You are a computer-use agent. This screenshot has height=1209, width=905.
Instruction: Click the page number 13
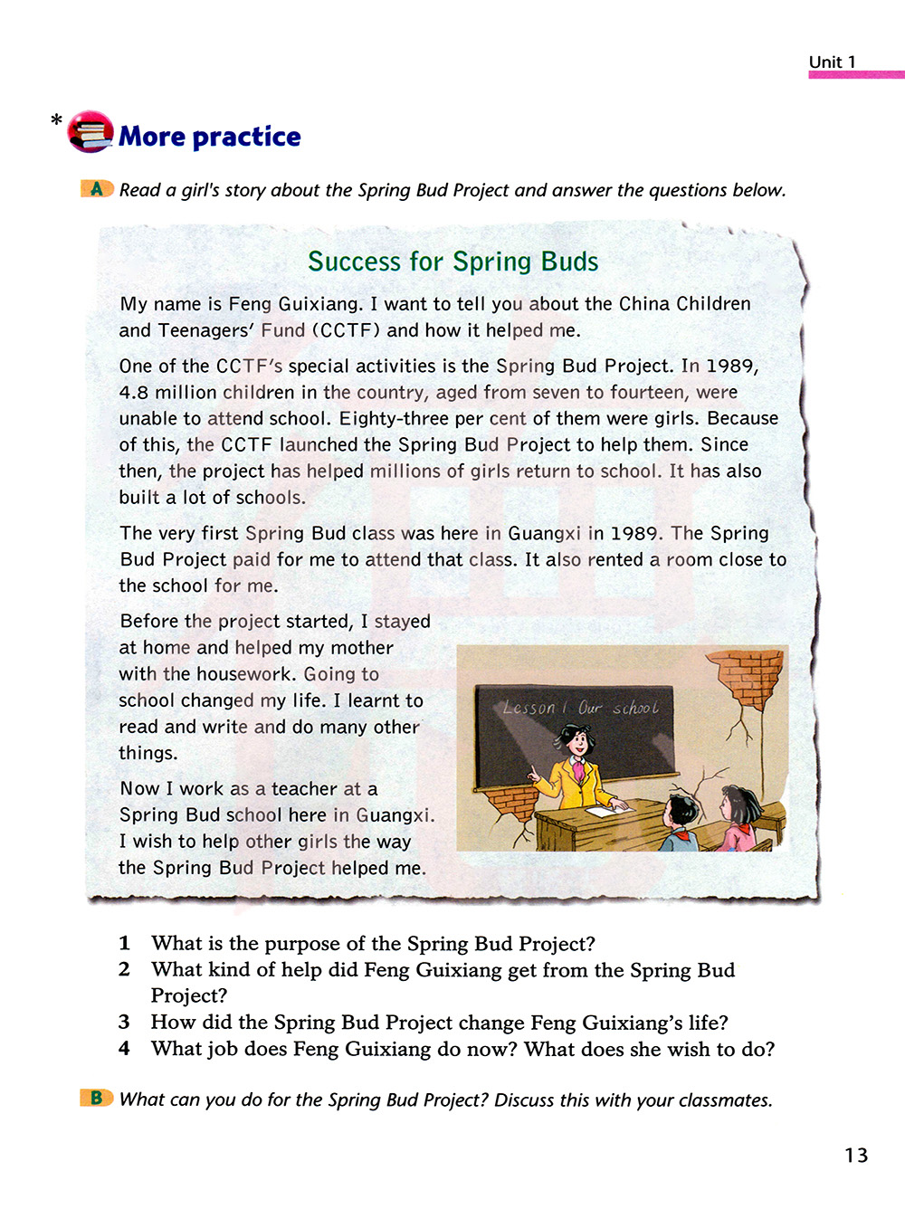855,1155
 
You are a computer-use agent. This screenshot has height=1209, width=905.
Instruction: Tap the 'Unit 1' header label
832,62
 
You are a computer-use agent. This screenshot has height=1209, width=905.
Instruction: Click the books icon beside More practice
90,132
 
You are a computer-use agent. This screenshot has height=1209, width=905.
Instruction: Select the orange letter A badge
97,189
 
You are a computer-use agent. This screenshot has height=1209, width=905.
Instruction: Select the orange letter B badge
96,1099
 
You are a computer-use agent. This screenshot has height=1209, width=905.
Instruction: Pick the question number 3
124,1023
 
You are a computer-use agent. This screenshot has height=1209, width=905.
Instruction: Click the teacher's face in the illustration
576,744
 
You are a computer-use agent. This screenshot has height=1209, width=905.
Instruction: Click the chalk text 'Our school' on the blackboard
619,708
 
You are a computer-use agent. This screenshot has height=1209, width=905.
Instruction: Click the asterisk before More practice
56,120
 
